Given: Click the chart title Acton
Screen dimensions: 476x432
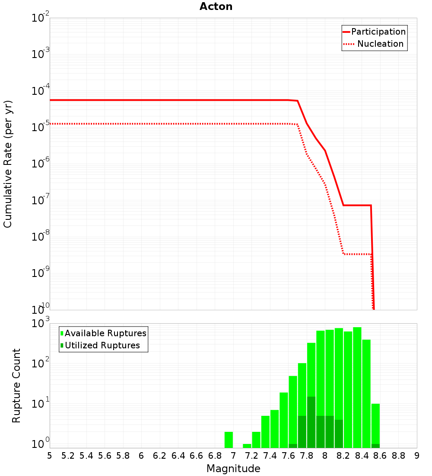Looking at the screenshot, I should point(216,7).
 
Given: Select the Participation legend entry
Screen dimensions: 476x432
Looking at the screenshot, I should point(378,32).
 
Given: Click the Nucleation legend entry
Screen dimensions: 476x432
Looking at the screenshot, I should point(380,44).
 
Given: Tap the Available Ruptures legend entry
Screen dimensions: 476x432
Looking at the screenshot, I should point(105,334).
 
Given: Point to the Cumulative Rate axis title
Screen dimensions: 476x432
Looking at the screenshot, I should point(8,164).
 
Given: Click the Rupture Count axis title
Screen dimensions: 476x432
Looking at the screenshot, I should point(16,386).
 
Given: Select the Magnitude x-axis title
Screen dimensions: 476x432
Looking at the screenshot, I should point(233,469).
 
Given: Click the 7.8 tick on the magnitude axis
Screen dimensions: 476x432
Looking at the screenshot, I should point(306,456).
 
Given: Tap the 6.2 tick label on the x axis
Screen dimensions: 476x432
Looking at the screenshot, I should point(160,456).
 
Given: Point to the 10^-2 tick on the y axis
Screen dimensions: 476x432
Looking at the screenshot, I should point(41,18).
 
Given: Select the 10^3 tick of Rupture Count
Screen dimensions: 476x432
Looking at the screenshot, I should point(41,324).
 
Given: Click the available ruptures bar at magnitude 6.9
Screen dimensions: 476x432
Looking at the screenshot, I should point(229,440).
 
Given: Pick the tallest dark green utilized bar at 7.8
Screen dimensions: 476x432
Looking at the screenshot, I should point(311,422).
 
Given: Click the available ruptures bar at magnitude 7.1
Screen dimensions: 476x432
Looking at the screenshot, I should point(247,446).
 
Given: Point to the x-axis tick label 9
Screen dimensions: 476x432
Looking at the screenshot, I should point(417,456).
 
